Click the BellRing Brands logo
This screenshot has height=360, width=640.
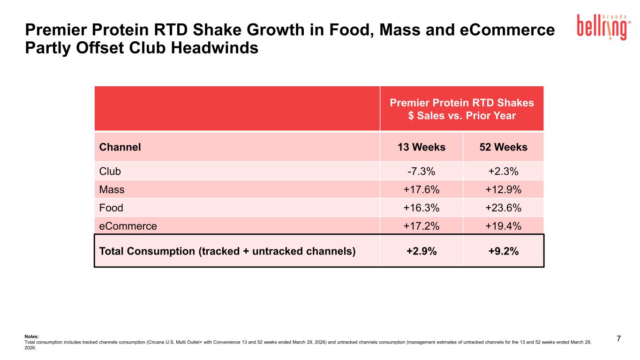[x=604, y=27]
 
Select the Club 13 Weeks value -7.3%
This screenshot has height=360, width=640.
[x=421, y=172]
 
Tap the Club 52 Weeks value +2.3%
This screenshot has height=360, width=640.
[x=503, y=172]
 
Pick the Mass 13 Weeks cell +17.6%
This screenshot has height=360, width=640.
[x=421, y=190]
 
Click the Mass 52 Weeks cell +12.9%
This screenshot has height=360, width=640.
[x=503, y=190]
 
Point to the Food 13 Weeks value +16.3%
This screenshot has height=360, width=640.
[x=421, y=208]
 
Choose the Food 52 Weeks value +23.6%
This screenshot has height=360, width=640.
[x=503, y=208]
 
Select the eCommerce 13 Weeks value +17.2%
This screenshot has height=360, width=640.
[x=421, y=226]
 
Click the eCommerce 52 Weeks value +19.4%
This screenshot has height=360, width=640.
[x=503, y=226]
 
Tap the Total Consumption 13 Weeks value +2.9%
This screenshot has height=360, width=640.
[x=422, y=251]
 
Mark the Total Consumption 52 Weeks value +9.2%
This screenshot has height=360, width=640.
[x=504, y=251]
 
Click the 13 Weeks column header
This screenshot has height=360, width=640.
[x=422, y=147]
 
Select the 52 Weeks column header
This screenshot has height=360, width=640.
[x=504, y=147]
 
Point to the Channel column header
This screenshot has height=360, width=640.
[x=120, y=147]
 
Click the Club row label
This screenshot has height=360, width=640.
[x=110, y=172]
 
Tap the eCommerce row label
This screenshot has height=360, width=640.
[x=128, y=226]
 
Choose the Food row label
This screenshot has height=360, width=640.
[x=111, y=208]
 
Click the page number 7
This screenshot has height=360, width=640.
[x=619, y=338]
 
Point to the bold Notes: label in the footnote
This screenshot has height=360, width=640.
[x=32, y=337]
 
